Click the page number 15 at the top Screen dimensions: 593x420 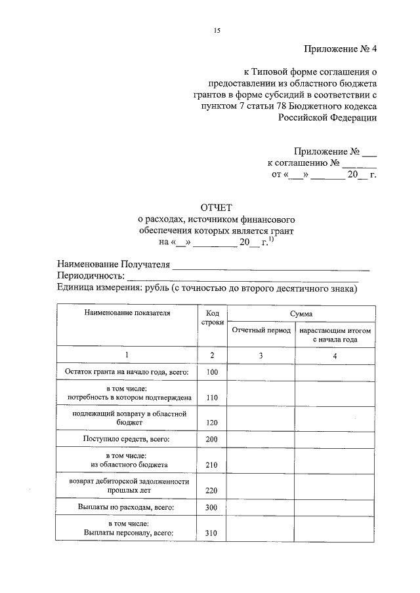[x=217, y=31]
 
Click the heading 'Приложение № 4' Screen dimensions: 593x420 [x=341, y=48]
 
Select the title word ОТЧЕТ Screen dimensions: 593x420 [x=217, y=206]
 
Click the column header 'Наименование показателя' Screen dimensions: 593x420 [x=127, y=313]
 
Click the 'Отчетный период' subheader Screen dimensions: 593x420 [x=261, y=331]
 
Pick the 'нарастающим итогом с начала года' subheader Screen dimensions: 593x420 [x=335, y=335]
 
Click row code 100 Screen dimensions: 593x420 [x=211, y=373]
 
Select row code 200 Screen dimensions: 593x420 [x=211, y=440]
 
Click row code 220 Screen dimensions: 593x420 [x=211, y=489]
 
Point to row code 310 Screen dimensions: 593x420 [x=211, y=533]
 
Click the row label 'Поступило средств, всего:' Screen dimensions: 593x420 [x=127, y=439]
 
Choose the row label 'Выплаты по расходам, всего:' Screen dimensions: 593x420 [x=127, y=508]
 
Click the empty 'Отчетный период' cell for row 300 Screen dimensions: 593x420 [x=261, y=507]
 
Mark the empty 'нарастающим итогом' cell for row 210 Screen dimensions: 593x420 [x=335, y=460]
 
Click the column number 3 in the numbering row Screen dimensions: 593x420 [x=261, y=355]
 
